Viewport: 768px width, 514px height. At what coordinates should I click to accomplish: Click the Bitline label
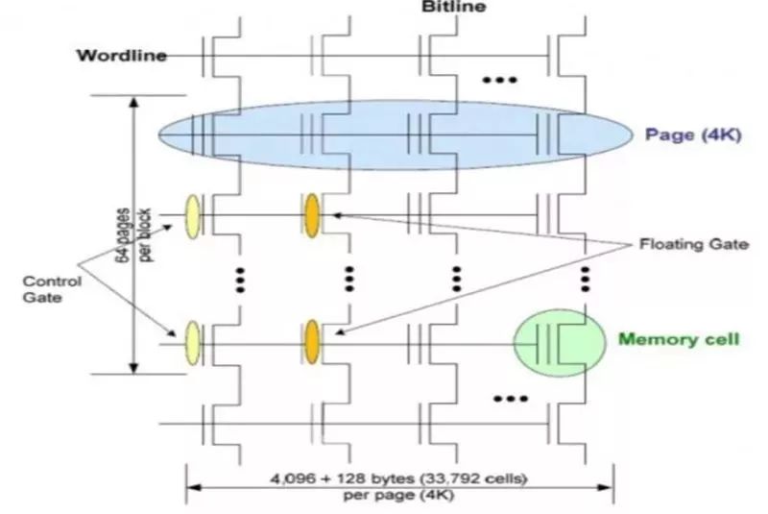click(454, 7)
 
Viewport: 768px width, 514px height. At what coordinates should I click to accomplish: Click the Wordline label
click(121, 55)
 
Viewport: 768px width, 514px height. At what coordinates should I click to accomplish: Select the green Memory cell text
click(679, 339)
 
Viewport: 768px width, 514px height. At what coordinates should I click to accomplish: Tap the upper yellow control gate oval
click(192, 212)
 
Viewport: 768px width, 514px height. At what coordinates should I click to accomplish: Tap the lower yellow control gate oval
click(192, 341)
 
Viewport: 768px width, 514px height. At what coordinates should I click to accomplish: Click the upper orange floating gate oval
click(311, 212)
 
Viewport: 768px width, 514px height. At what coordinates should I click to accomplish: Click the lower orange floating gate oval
click(311, 341)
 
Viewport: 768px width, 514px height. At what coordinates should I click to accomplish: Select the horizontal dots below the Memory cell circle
click(509, 397)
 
